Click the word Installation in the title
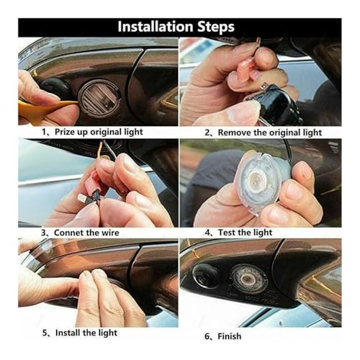coord(156,27)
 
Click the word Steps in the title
coord(216,27)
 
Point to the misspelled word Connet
coord(69,233)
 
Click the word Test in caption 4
coord(227,233)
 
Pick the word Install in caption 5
coord(68,333)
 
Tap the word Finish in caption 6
coord(230,336)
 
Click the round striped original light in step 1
coord(99,98)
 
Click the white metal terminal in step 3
coord(83,198)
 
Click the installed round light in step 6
coord(248,279)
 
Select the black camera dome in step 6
coord(206,276)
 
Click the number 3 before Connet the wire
coord(43,233)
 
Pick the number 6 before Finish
coord(207,336)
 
